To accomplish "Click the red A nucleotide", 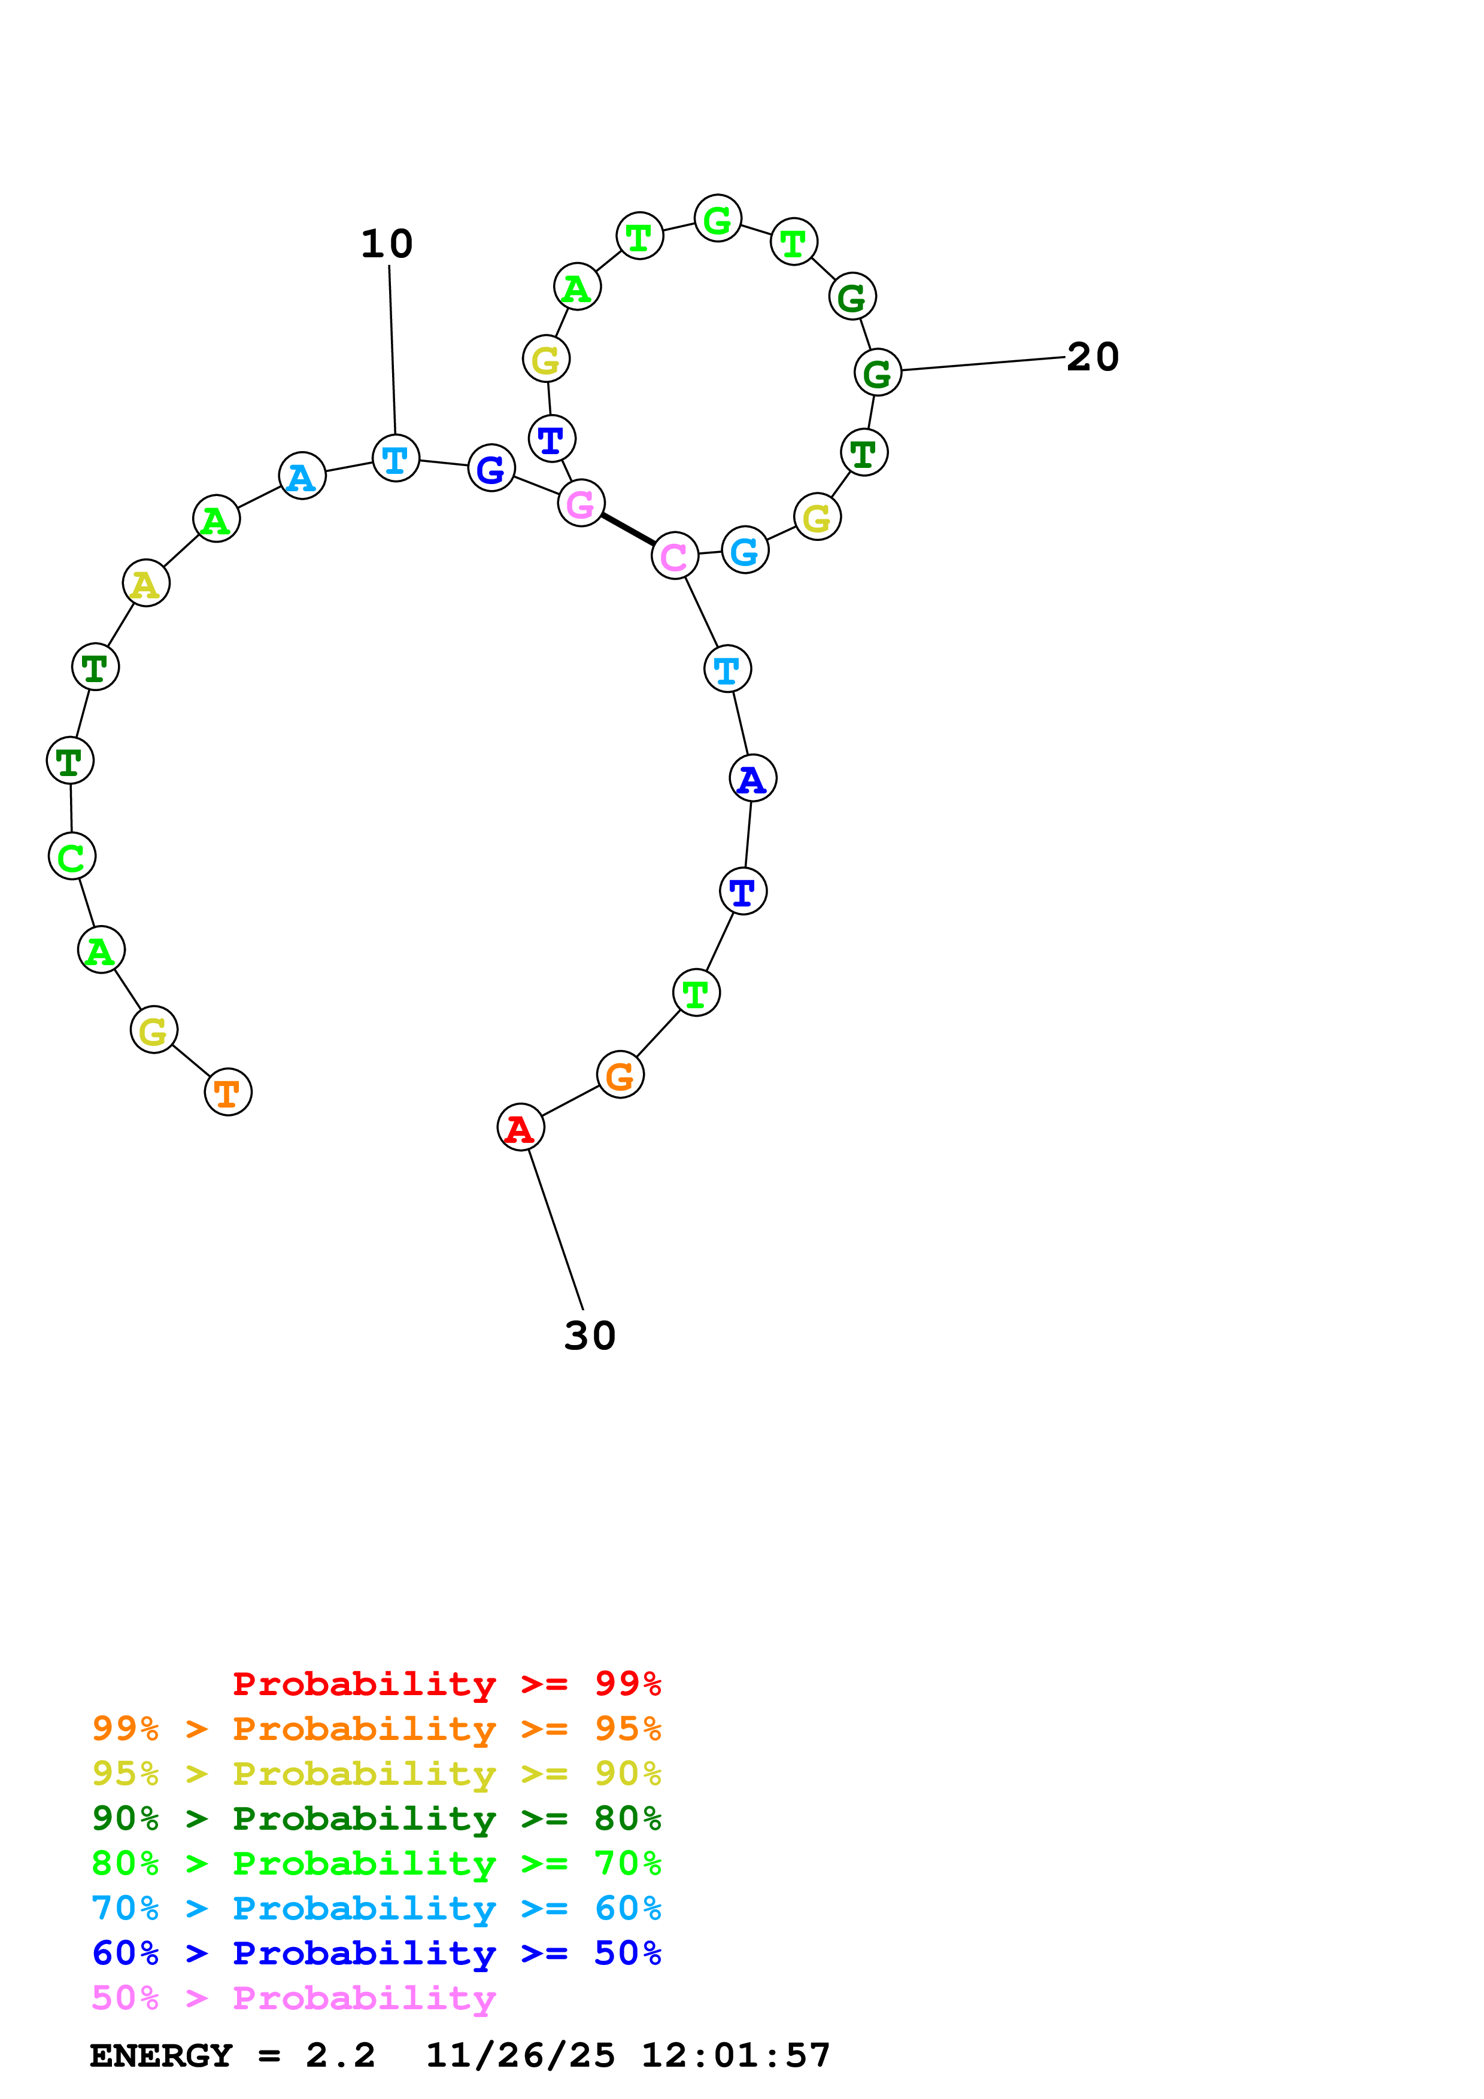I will click(520, 1127).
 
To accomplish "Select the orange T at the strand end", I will click(227, 1091).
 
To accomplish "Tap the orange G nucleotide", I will click(620, 1075).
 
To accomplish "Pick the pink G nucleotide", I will click(581, 503).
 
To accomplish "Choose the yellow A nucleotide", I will click(146, 583).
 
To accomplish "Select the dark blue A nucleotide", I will click(752, 779).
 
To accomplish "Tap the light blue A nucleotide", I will click(302, 476).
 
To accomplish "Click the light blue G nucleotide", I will click(745, 550).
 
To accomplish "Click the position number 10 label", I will click(387, 244).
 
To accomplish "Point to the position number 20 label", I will click(1092, 357).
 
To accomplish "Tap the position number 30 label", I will click(590, 1336).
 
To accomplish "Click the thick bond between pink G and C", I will click(628, 530).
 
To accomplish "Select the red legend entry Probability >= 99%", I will click(446, 1684).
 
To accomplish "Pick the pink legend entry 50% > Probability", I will click(293, 1998).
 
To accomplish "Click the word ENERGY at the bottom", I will click(161, 2056).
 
